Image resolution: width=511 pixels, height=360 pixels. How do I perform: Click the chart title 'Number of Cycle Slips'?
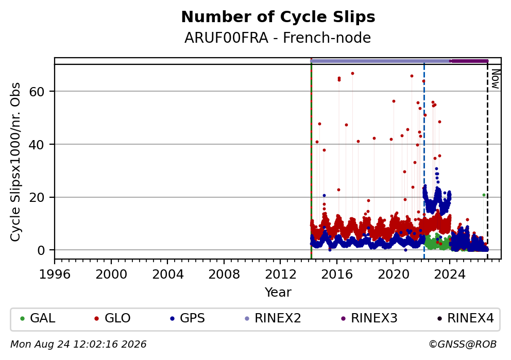tap(278, 17)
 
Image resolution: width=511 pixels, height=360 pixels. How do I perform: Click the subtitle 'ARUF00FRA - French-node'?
tap(278, 38)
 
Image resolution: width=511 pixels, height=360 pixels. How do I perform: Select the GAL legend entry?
tap(38, 318)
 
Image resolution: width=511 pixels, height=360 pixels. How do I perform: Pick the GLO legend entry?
tap(112, 318)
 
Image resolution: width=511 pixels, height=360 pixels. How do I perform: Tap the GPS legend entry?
tap(188, 318)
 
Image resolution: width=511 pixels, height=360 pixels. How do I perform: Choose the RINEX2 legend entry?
tap(273, 318)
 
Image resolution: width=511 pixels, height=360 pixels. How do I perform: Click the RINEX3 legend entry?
tap(369, 318)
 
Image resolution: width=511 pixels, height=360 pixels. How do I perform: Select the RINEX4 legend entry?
tap(466, 318)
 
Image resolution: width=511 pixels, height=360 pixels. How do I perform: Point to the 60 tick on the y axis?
tap(37, 92)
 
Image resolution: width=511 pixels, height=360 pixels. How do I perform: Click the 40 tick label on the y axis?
tap(37, 145)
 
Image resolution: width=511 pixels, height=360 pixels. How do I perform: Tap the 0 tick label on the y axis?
tap(41, 250)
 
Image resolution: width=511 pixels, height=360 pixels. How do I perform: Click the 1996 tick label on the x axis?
tap(55, 275)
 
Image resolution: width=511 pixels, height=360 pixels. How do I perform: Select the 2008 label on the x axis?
tap(224, 275)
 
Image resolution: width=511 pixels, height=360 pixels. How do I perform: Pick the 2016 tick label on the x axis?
tap(337, 275)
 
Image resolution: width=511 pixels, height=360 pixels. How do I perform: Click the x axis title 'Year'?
tap(278, 292)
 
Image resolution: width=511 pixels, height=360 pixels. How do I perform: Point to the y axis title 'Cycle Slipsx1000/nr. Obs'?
tap(15, 162)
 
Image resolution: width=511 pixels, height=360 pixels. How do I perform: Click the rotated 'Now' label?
tap(495, 79)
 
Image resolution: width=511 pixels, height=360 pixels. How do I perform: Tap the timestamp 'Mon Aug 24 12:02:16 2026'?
tap(78, 345)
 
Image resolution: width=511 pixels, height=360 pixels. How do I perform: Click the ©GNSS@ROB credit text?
tap(463, 345)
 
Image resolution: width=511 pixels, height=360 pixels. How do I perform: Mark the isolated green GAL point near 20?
tap(484, 195)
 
